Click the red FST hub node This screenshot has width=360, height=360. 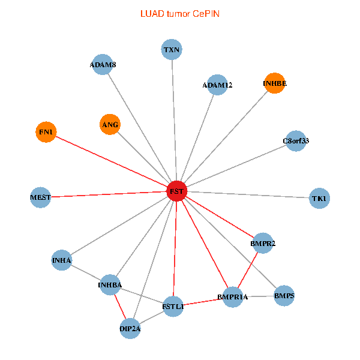point(176,191)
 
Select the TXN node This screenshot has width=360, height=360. point(172,49)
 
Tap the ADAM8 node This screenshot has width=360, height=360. point(103,65)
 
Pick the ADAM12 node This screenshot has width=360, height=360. point(217,85)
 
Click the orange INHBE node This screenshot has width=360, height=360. point(275,83)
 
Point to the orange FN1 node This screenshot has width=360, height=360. point(46,132)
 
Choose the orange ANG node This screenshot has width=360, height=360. point(110,124)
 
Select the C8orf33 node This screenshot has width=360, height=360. point(295,141)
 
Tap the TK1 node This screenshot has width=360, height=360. point(319,198)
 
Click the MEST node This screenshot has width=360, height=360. point(41,197)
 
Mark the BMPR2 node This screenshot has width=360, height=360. point(263,243)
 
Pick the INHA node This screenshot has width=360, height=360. point(62,260)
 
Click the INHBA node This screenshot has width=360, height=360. point(110,284)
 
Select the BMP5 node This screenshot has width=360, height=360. point(284,295)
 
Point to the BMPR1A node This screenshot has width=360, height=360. point(232,297)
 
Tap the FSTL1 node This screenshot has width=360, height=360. point(173,307)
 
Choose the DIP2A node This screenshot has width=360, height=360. point(130,328)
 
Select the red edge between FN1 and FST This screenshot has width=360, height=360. point(111,161)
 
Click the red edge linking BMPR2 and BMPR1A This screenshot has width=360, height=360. point(248,270)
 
